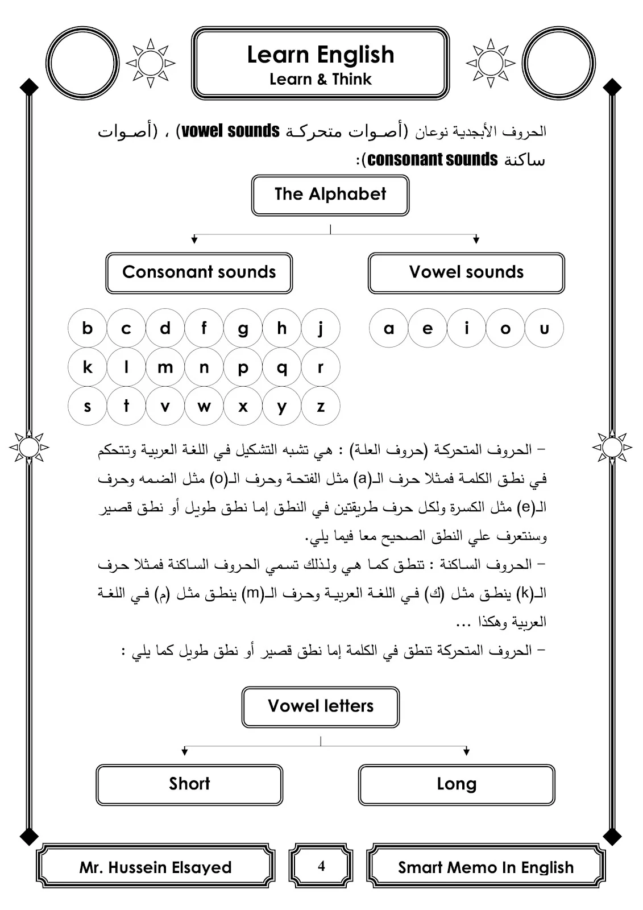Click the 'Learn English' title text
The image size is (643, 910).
pos(320,55)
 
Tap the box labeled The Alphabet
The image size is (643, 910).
pos(330,195)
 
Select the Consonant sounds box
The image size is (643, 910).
pos(199,272)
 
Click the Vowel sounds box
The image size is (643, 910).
pos(466,272)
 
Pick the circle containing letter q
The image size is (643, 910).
pos(281,367)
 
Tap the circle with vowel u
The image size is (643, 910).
pos(544,328)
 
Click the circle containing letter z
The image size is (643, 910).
pos(321,407)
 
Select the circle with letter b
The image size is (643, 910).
pos(87,328)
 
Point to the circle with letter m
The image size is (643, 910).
pos(165,367)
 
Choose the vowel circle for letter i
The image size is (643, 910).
pos(466,328)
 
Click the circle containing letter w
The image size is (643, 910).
pos(204,407)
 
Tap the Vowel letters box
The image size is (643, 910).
pos(321,706)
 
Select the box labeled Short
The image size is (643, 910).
pos(189,784)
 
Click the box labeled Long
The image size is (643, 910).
pos(457,784)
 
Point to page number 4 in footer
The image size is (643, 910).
pos(321,866)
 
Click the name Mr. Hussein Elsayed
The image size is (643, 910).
pos(155,867)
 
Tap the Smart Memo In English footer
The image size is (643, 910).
pos(486,867)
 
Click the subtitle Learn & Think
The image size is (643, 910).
pos(320,79)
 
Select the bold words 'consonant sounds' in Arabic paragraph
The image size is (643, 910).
pos(432,160)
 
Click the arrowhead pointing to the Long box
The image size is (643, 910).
pos(467,752)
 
